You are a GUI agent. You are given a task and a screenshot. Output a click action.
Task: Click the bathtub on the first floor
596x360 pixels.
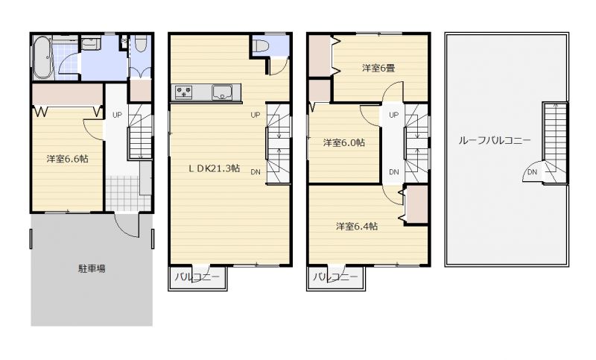[42, 58]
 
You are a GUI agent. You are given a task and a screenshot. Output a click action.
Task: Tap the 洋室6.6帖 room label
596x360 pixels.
[67, 159]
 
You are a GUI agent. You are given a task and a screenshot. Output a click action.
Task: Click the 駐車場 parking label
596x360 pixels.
[92, 269]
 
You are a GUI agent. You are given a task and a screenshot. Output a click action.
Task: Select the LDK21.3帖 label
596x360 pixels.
[214, 168]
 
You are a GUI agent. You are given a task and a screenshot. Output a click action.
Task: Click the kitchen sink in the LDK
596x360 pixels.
[222, 92]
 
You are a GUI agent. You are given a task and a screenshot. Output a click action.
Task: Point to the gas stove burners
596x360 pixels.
[184, 92]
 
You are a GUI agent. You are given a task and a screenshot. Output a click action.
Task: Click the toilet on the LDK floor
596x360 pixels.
[261, 45]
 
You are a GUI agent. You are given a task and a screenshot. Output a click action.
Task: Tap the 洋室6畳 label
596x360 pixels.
[378, 69]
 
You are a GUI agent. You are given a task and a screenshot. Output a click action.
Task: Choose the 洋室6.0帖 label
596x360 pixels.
[344, 142]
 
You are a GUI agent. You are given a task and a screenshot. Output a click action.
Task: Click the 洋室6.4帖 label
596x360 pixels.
[357, 227]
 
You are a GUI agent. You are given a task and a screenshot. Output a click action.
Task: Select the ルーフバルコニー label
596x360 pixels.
[495, 140]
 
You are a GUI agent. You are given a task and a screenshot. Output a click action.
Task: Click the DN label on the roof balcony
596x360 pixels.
[532, 172]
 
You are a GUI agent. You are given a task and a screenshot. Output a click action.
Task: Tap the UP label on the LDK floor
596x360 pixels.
[256, 115]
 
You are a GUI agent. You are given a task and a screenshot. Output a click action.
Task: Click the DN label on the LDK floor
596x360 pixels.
[256, 172]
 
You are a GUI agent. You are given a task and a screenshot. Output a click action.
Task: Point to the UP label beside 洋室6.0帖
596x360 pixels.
[394, 115]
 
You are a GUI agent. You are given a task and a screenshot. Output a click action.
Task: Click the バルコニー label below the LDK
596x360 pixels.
[197, 277]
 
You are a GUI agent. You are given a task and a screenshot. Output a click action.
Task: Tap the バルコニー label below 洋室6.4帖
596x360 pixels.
[335, 277]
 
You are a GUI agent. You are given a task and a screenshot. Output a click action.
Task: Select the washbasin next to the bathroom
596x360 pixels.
[90, 43]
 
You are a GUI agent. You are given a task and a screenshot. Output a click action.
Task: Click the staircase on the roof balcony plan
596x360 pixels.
[554, 143]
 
